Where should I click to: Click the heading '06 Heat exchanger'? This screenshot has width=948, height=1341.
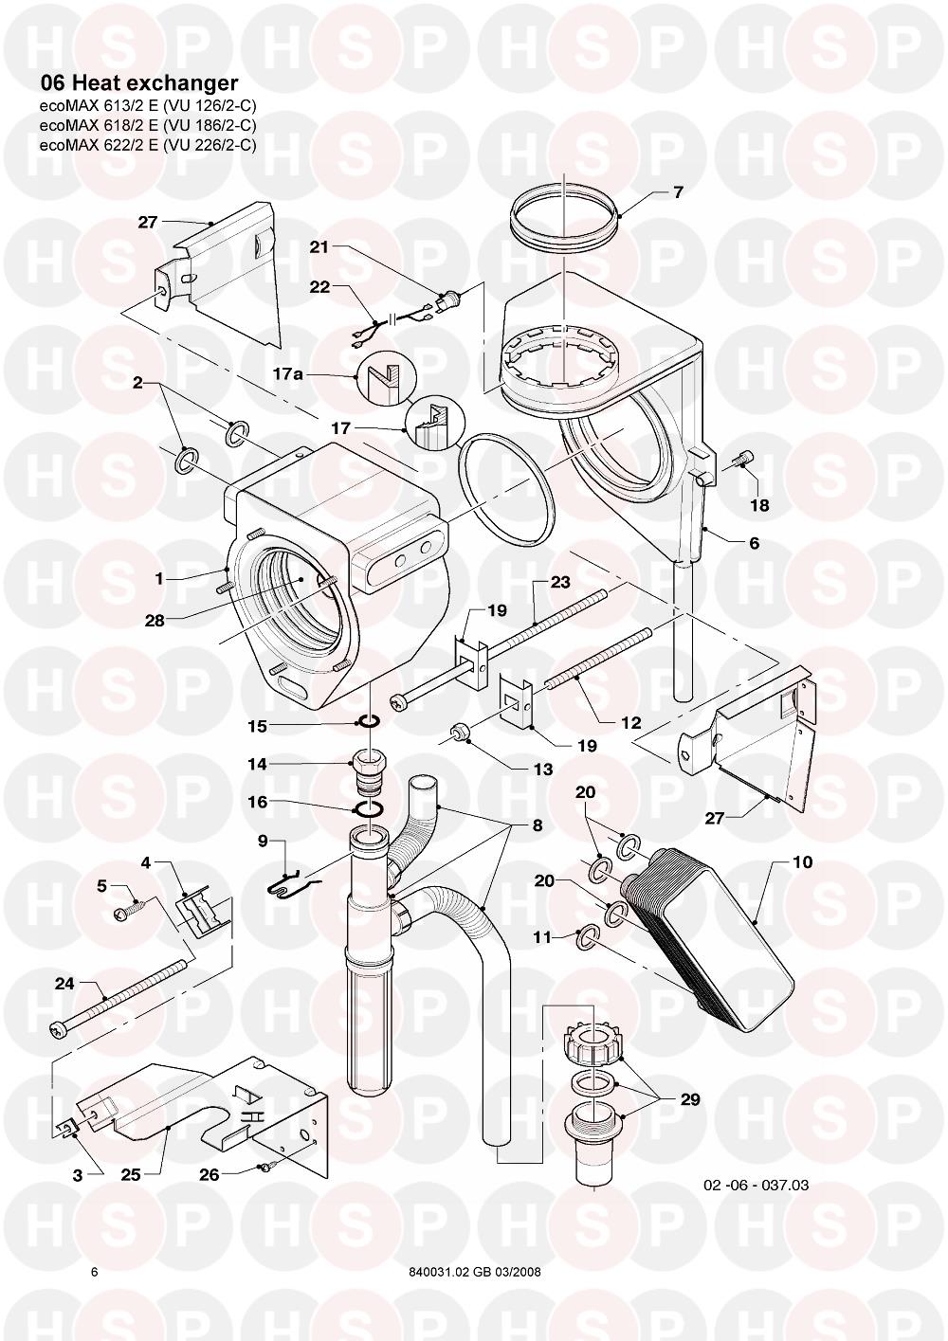tap(138, 84)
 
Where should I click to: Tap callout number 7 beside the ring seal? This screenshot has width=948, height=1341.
tap(678, 192)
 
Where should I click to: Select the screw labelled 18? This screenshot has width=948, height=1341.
tap(740, 461)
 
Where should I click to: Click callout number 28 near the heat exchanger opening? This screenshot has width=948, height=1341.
tap(155, 621)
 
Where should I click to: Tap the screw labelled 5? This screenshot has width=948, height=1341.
tap(126, 912)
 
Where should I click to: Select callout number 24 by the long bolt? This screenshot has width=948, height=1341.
tap(64, 984)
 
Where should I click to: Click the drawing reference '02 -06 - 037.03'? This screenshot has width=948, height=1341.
tap(756, 1185)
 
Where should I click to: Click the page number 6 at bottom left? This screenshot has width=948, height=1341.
tap(94, 1272)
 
